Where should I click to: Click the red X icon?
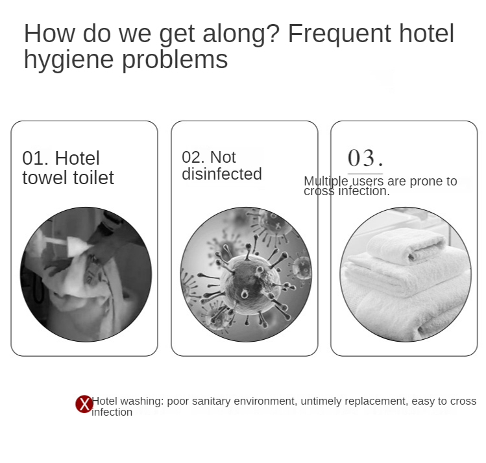pos(84,404)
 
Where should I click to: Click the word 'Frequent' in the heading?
pos(339,34)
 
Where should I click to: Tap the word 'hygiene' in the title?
pos(69,60)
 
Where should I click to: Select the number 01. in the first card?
pos(35,158)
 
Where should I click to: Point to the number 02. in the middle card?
pos(193,157)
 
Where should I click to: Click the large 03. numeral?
pos(365,158)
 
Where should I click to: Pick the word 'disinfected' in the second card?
pos(222,174)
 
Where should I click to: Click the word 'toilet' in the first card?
pos(93,178)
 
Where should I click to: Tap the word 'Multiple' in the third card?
pos(326,181)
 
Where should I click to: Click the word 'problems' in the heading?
pos(175,60)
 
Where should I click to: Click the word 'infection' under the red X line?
pos(112,412)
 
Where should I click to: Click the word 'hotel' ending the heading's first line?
pos(426,34)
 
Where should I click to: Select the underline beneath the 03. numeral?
pos(365,174)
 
